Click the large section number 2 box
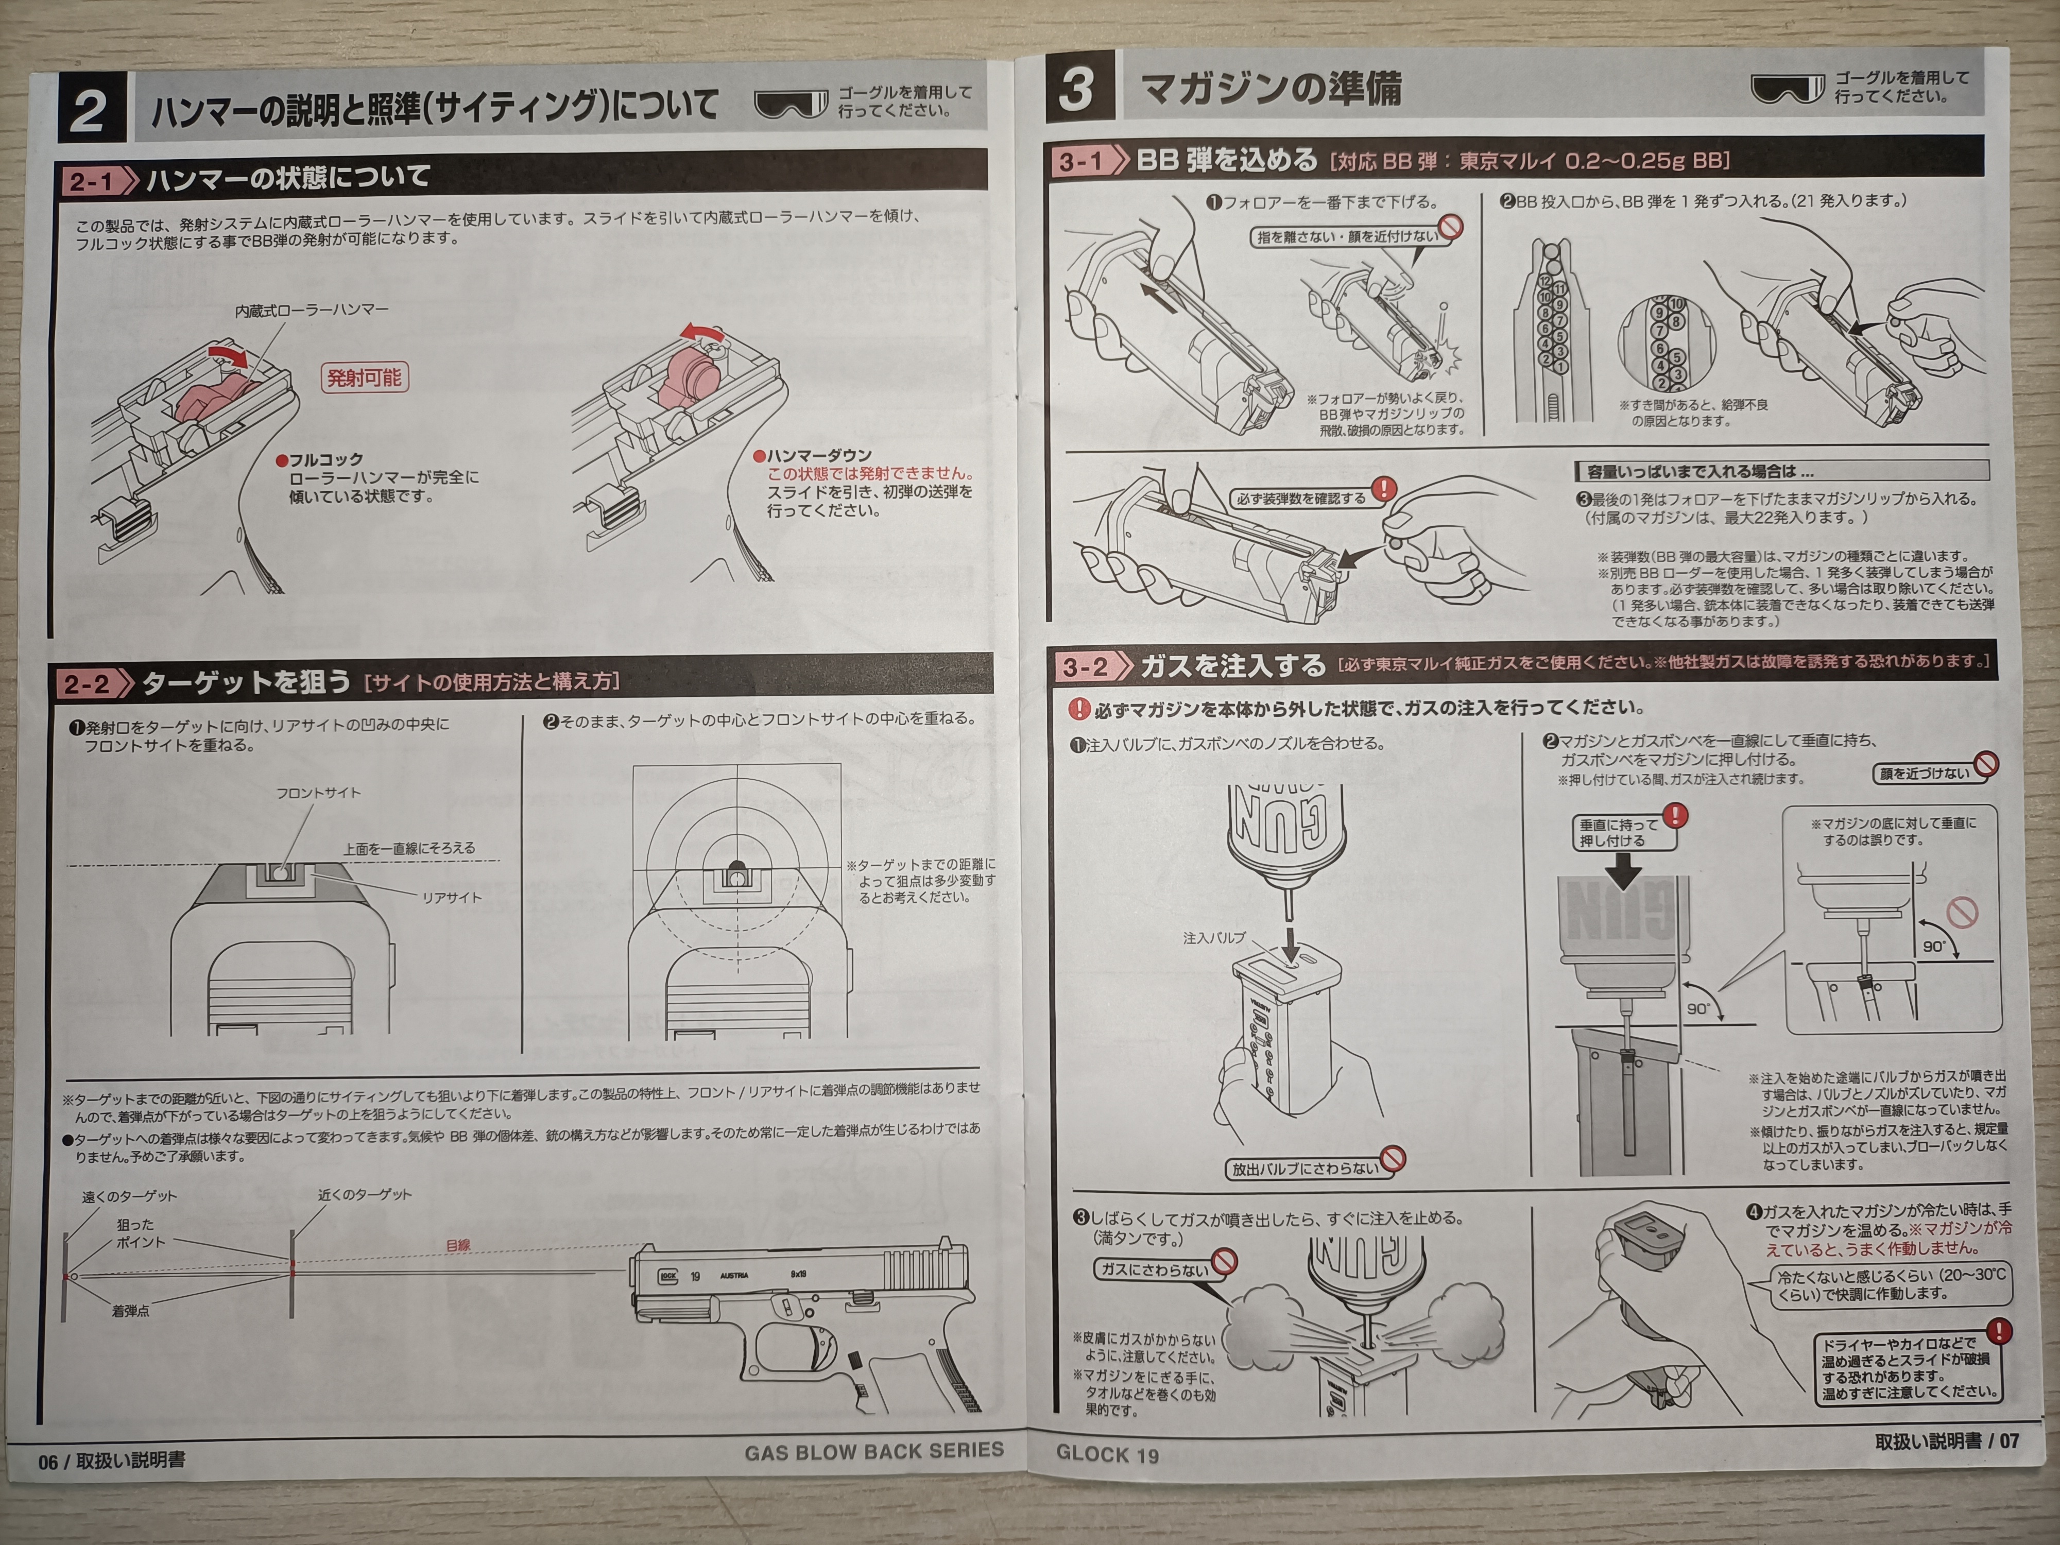click(x=91, y=108)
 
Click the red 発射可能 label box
click(x=364, y=377)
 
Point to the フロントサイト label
click(x=318, y=793)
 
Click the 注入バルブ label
click(x=1214, y=938)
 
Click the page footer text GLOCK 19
click(x=1107, y=1454)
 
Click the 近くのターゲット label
click(x=364, y=1194)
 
